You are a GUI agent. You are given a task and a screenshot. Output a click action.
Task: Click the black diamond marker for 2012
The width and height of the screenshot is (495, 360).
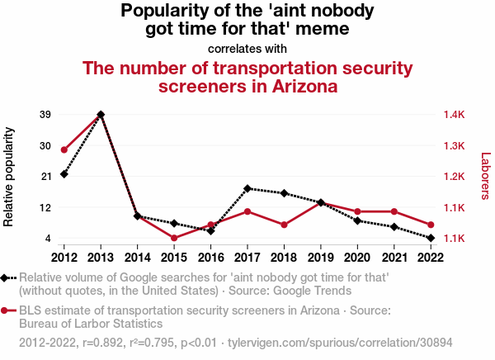pos(64,173)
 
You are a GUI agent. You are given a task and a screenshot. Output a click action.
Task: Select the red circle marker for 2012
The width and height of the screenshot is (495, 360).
pos(64,149)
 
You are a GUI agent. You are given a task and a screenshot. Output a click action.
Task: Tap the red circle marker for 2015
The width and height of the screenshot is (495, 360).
pos(174,238)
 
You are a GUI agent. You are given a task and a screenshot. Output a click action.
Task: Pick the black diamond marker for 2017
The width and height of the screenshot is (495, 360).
pos(247,188)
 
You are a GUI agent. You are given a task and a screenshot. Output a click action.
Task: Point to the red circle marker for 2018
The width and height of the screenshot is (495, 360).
pos(284,225)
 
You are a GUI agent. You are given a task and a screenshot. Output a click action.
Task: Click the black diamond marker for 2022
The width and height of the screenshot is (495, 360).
pos(431,238)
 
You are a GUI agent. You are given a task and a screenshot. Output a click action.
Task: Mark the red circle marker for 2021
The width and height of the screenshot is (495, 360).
pos(394,212)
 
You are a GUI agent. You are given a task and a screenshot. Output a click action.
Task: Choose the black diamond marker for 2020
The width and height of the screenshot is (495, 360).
pos(357,220)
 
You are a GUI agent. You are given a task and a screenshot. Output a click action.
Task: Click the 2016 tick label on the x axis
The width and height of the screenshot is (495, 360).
pos(210,255)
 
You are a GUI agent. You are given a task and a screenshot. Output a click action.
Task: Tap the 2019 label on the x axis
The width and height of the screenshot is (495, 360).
pos(320,255)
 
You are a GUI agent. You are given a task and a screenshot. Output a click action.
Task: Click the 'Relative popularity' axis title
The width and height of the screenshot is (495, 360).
pos(10,177)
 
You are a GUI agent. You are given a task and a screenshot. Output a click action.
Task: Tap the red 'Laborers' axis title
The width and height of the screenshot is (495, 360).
pos(485,177)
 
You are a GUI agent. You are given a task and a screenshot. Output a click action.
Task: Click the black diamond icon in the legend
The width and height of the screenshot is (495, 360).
pos(7,278)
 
